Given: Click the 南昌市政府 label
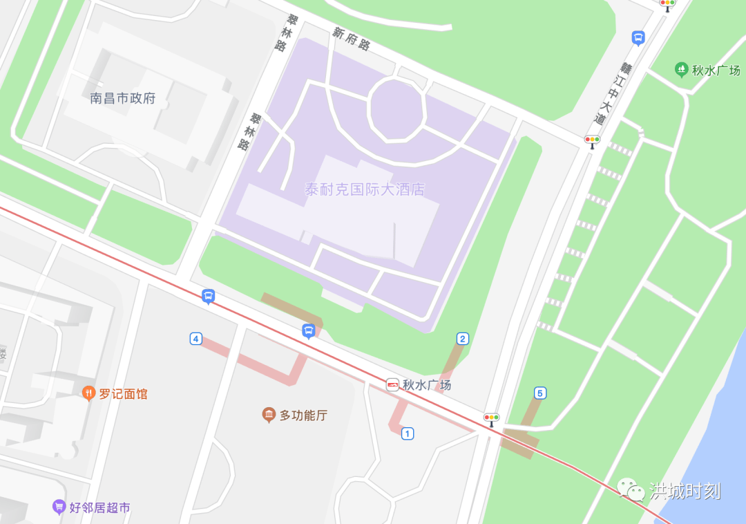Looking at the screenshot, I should (123, 98).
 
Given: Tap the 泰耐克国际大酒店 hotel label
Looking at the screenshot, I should (365, 189).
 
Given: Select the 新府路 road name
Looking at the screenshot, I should (351, 39).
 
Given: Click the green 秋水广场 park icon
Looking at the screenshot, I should (681, 69).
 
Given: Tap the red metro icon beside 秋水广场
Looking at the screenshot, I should (392, 385).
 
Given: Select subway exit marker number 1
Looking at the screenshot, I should (408, 433).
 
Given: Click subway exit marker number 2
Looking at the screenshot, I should (463, 338).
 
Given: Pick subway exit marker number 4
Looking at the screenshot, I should (196, 338).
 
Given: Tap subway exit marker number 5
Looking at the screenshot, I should (540, 393).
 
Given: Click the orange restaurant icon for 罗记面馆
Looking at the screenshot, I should (88, 393).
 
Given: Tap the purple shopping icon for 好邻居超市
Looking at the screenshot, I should (59, 507).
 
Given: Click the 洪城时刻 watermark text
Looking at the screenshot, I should (685, 491).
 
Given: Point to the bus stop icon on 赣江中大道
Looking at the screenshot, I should (638, 38).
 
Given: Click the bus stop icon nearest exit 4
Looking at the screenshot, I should (208, 297).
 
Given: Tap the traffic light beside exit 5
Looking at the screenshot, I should (491, 419).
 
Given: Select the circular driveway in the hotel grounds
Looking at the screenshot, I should (396, 109).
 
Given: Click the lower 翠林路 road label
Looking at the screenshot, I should (249, 132).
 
